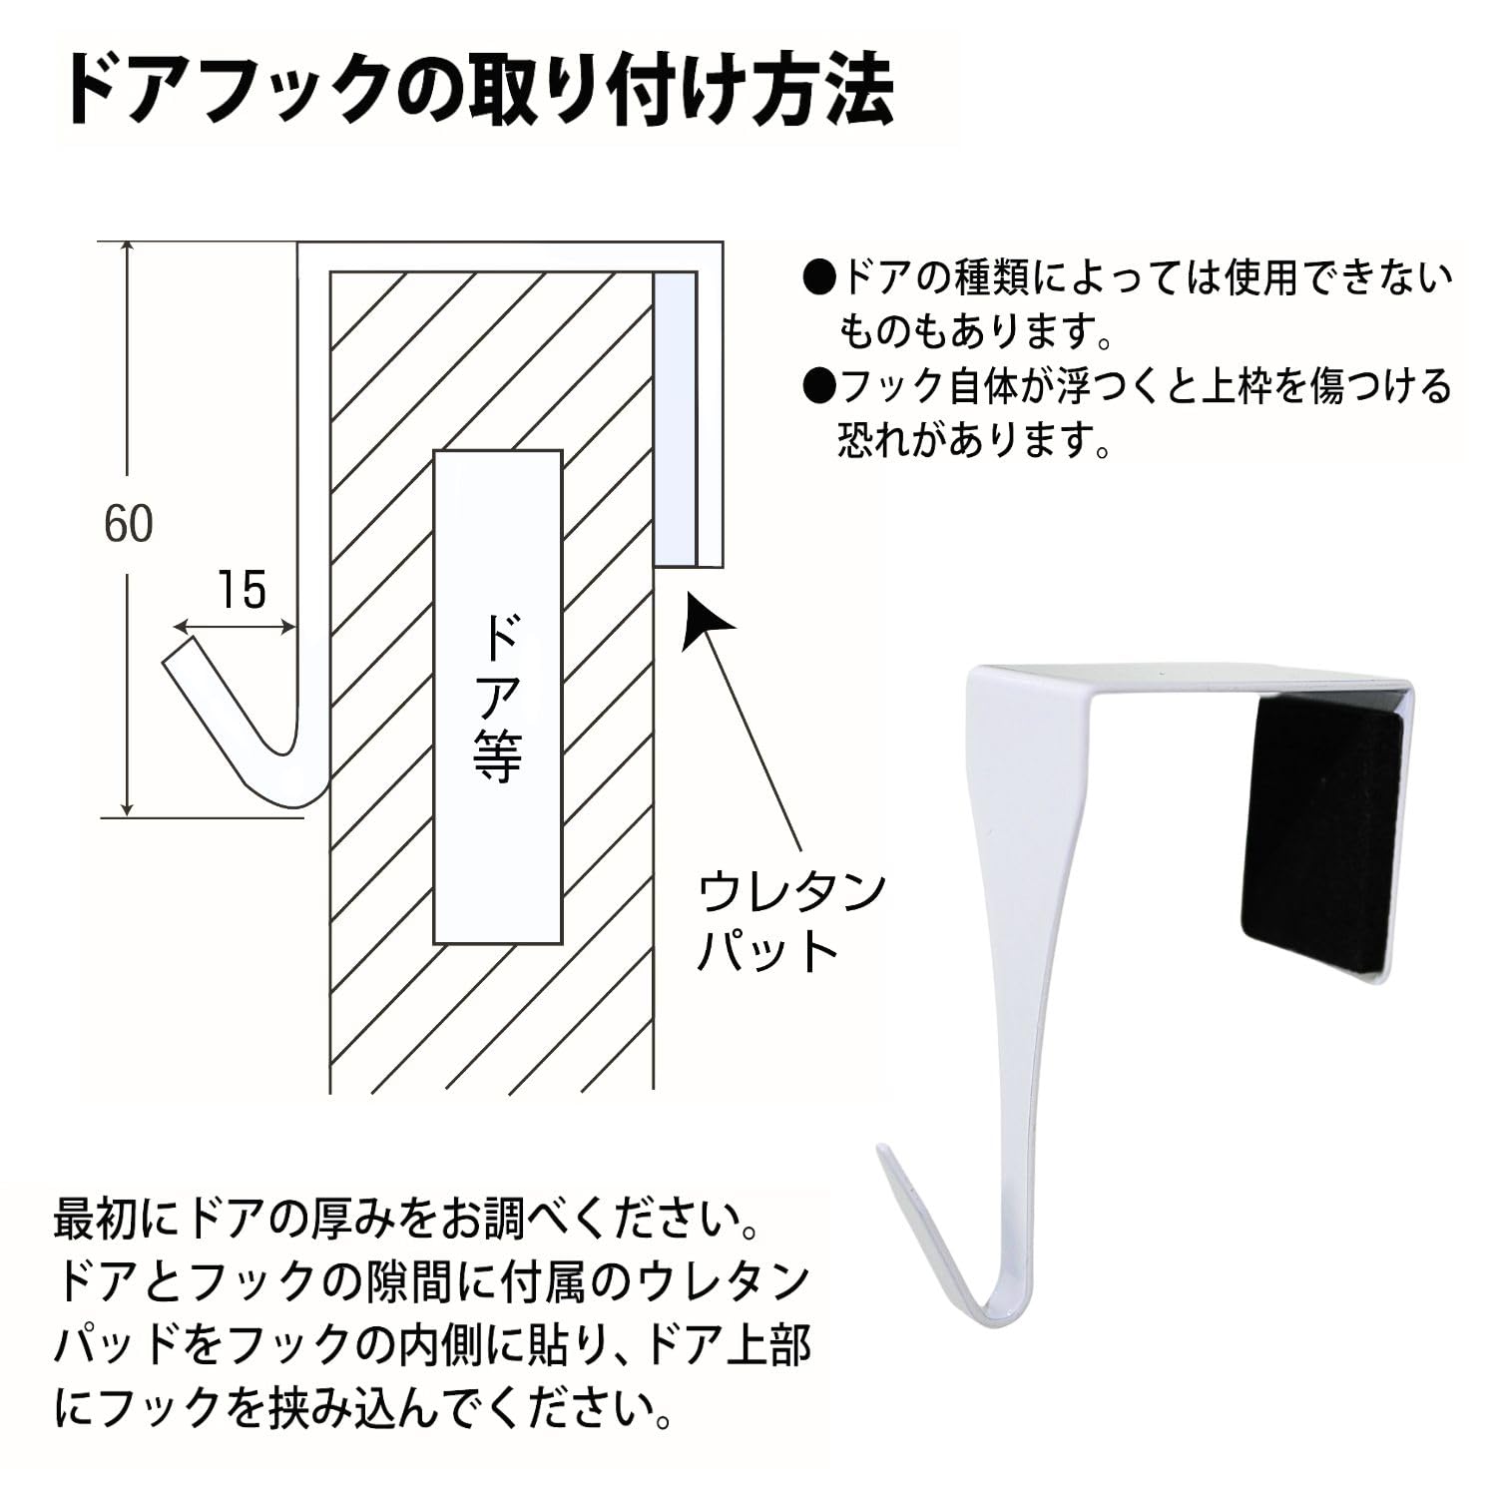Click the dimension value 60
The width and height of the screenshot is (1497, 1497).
[x=129, y=524]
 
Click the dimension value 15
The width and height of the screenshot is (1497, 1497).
[x=242, y=590]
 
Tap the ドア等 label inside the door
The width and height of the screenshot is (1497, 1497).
[x=497, y=698]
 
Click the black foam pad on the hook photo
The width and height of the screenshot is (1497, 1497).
[x=1319, y=833]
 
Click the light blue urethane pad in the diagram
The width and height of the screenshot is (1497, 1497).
[x=674, y=419]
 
